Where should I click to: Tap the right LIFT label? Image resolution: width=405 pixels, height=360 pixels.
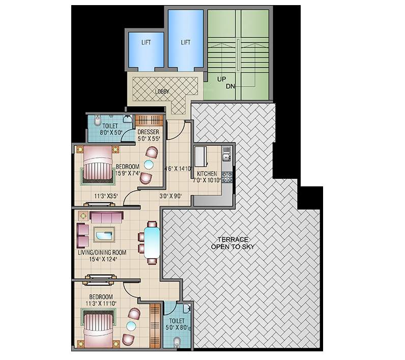click(x=185, y=42)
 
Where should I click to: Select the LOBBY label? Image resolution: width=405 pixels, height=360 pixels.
click(x=162, y=92)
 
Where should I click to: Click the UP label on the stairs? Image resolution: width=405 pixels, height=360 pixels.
click(x=221, y=80)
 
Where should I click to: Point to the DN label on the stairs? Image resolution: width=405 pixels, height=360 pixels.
click(x=230, y=87)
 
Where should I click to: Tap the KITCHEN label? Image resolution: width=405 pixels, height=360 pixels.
click(x=208, y=174)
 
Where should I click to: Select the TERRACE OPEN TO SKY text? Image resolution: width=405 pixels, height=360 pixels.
click(x=233, y=243)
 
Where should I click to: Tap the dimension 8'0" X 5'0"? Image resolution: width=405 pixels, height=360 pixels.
click(x=110, y=132)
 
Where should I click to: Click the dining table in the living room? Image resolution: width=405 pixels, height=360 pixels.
click(x=152, y=242)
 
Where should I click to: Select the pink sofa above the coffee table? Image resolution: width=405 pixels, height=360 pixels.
click(x=106, y=216)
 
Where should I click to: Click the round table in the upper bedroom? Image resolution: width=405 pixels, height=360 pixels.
click(x=149, y=164)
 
